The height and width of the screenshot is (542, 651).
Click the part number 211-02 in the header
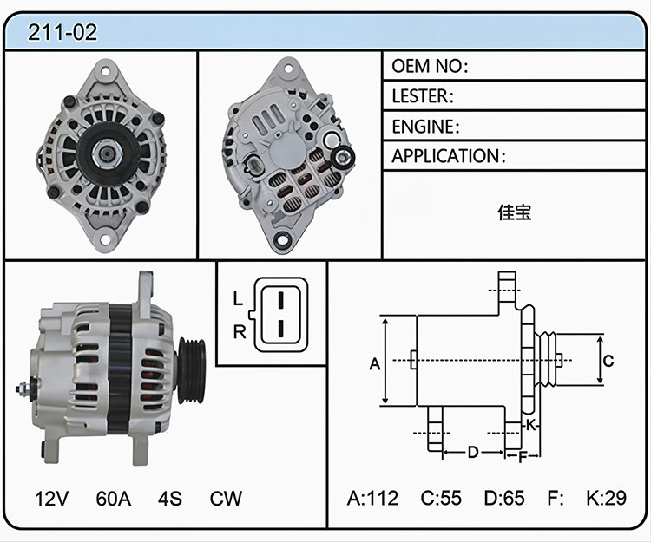click(x=62, y=32)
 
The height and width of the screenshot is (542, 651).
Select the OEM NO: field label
click(x=430, y=66)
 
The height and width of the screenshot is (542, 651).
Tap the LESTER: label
click(x=423, y=96)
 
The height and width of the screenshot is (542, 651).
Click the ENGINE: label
click(x=425, y=127)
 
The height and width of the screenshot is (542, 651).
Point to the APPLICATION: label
click(x=449, y=156)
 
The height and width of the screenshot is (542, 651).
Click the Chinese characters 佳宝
click(x=515, y=212)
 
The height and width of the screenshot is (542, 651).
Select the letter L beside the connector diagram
click(x=238, y=298)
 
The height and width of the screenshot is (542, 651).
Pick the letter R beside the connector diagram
click(x=240, y=332)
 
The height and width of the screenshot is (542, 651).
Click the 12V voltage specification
click(x=51, y=499)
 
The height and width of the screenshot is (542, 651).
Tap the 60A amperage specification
click(x=114, y=499)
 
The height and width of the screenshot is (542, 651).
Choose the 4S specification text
click(x=169, y=499)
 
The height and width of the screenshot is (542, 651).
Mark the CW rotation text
click(x=226, y=499)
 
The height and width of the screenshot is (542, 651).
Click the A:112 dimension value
click(x=372, y=498)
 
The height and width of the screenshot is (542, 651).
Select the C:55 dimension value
click(x=441, y=498)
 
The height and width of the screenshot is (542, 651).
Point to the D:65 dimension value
click(x=504, y=498)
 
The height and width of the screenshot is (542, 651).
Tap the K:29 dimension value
click(x=606, y=498)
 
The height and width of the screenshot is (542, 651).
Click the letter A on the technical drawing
click(x=374, y=364)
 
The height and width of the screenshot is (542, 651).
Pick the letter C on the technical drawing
click(x=608, y=362)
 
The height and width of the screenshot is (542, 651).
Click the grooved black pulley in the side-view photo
click(x=192, y=371)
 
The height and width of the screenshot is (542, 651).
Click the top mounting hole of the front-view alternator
click(x=105, y=71)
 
